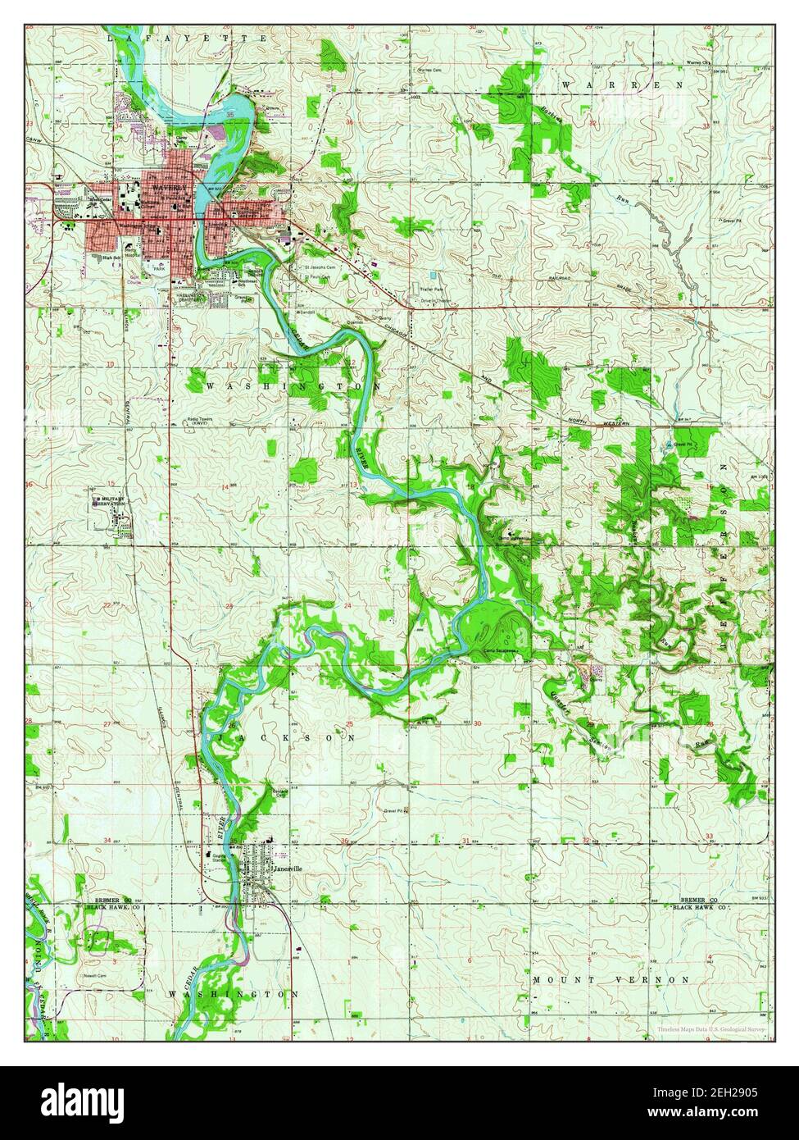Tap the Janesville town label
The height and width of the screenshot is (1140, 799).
288,869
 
